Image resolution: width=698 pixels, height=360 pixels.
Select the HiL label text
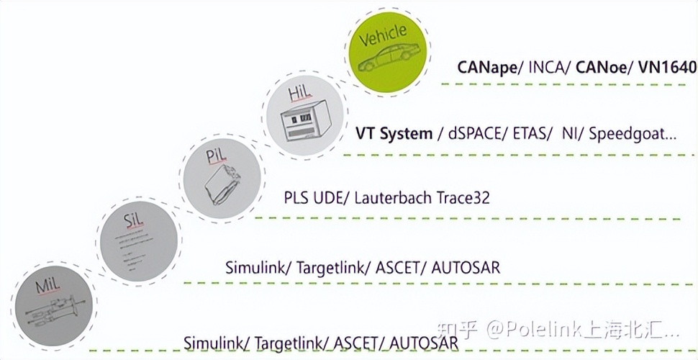click(299, 93)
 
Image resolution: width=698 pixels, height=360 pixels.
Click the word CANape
click(486, 68)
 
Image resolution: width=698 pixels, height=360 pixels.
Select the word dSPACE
click(475, 133)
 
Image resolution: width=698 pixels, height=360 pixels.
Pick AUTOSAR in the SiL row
click(466, 267)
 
